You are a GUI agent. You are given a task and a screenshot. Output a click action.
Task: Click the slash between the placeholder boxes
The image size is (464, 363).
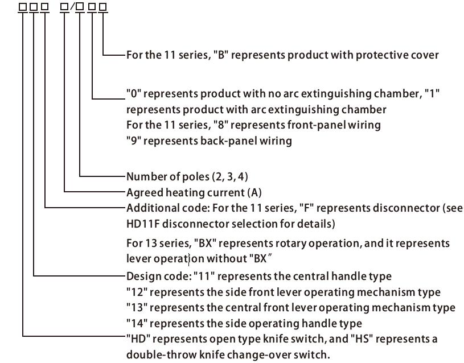coord(72,7)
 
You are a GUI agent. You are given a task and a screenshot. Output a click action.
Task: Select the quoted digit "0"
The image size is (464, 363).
coord(133,93)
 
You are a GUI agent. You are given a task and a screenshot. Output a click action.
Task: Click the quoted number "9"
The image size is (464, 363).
coord(133,141)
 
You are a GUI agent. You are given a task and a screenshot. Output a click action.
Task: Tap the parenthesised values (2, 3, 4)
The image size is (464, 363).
coord(230,177)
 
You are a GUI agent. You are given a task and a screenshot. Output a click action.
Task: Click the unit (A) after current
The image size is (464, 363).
coord(254,193)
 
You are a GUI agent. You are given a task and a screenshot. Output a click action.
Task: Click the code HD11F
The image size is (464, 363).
coord(143,224)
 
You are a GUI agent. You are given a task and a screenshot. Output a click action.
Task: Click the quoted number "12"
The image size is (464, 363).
coord(137,292)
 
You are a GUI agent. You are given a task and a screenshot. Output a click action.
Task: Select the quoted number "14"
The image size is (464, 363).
coord(137,324)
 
